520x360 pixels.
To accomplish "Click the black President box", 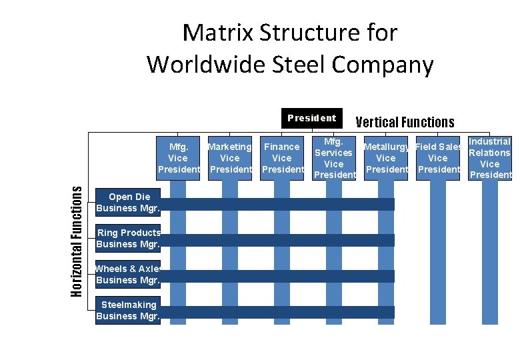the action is pyautogui.click(x=311, y=118).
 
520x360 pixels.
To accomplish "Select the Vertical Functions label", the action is pyautogui.click(x=405, y=122).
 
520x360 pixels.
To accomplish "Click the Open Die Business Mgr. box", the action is pyautogui.click(x=128, y=203).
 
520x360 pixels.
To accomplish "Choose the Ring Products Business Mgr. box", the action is pyautogui.click(x=128, y=239).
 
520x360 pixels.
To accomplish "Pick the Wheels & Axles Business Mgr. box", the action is pyautogui.click(x=128, y=275).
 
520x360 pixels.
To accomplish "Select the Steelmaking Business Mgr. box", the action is pyautogui.click(x=128, y=311).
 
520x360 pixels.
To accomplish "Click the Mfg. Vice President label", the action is pyautogui.click(x=178, y=158).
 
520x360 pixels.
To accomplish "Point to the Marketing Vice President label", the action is pyautogui.click(x=230, y=158).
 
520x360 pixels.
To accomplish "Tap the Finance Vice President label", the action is pyautogui.click(x=282, y=158).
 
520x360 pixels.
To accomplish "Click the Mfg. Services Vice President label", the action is pyautogui.click(x=334, y=158).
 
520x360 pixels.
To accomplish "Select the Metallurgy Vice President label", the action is pyautogui.click(x=386, y=158).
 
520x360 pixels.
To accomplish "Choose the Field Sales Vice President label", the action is pyautogui.click(x=438, y=158).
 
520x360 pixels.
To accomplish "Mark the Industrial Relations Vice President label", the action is pyautogui.click(x=490, y=158).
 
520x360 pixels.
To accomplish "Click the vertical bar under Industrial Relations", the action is pyautogui.click(x=490, y=253).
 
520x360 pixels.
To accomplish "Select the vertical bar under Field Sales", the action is pyautogui.click(x=438, y=253).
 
